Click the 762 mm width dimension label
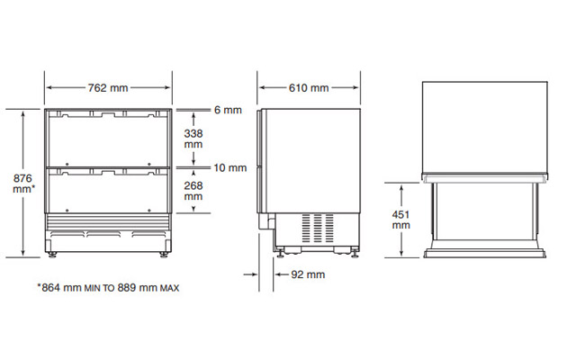(108, 87)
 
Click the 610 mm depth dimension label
(309, 87)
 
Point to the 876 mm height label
(23, 184)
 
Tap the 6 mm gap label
(228, 110)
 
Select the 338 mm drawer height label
(193, 139)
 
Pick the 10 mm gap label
(229, 168)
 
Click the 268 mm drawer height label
(193, 191)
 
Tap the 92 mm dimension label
(308, 274)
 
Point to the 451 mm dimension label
(401, 220)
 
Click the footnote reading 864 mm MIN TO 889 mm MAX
(108, 288)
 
